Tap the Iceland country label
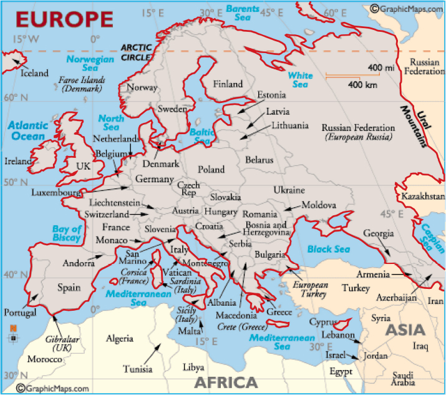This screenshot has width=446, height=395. click(x=34, y=73)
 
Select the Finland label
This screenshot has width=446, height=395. click(x=228, y=84)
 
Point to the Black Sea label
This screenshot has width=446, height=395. click(x=328, y=249)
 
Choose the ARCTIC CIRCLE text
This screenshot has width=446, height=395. click(x=136, y=52)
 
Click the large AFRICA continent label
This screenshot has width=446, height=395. click(x=226, y=382)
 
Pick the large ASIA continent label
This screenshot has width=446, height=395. click(x=404, y=329)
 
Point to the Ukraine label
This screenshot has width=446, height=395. click(x=289, y=190)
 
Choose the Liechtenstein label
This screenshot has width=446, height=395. click(x=115, y=203)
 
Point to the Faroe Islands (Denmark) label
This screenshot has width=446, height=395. click(x=82, y=84)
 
